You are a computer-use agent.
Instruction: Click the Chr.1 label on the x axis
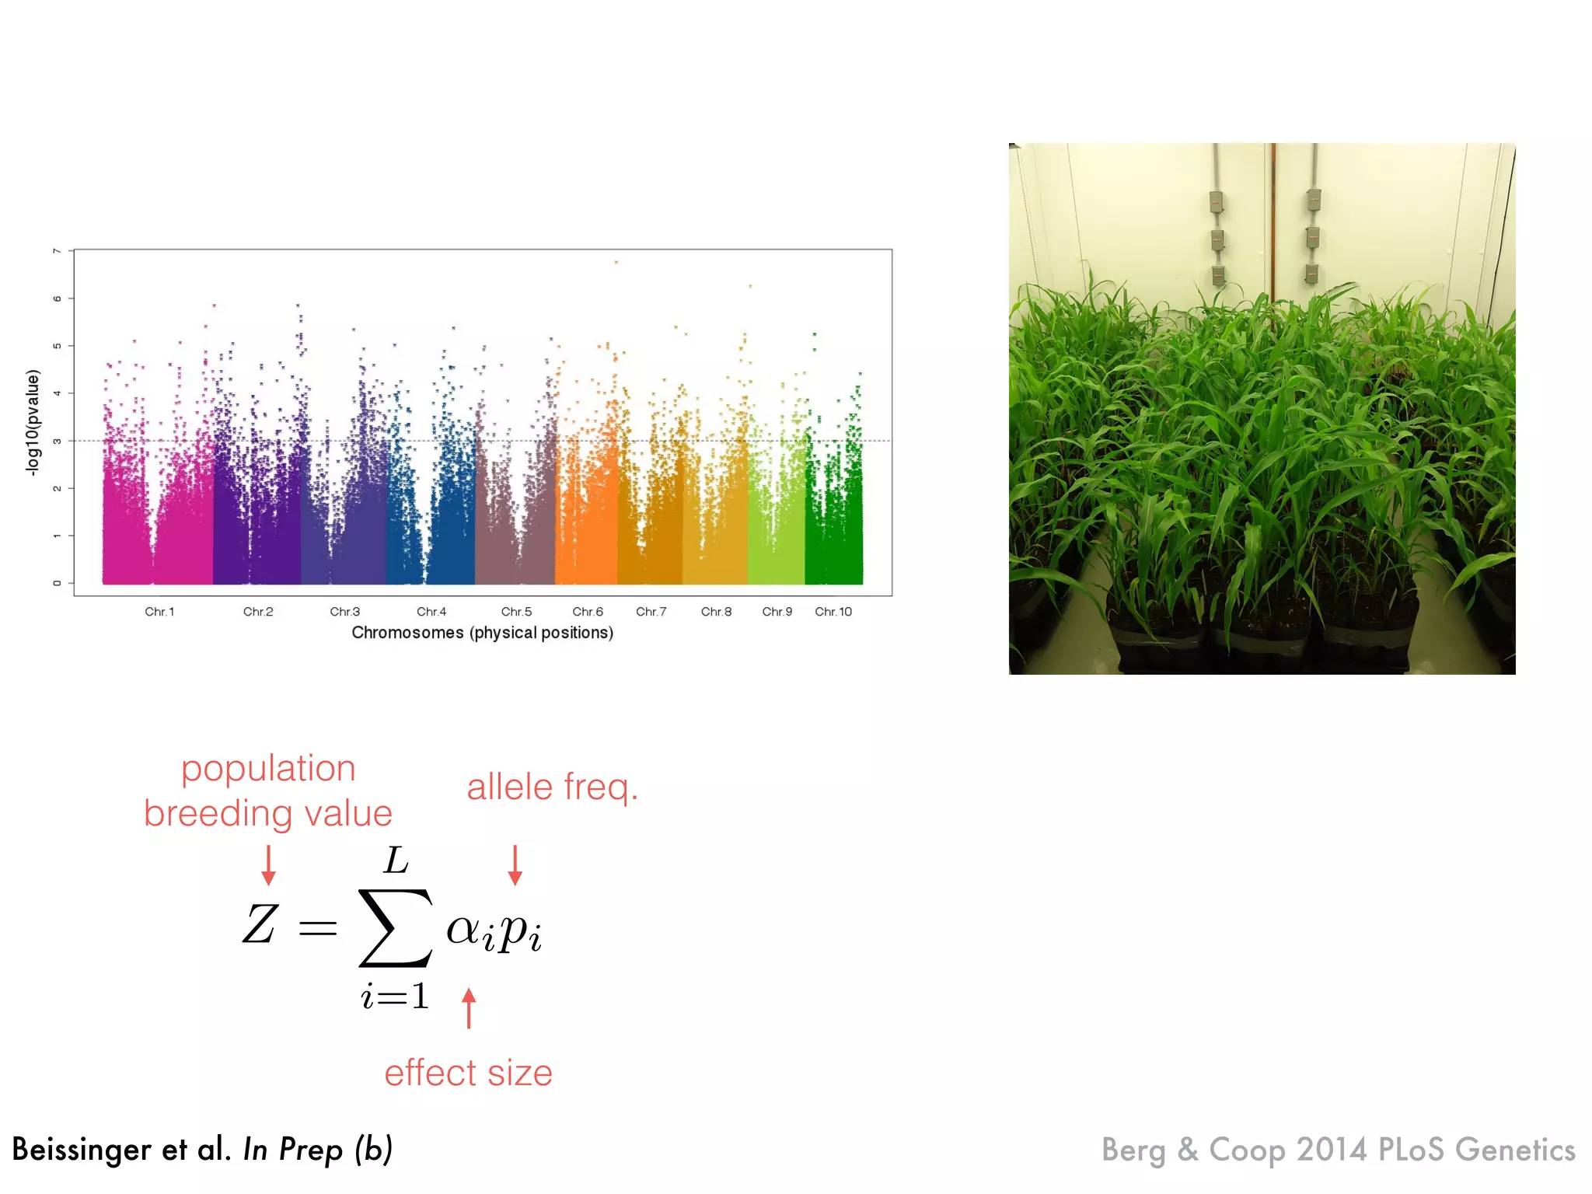(159, 612)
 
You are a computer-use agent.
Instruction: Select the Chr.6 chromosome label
(588, 612)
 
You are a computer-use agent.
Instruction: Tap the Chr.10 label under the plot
(833, 612)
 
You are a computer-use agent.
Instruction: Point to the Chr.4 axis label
(431, 612)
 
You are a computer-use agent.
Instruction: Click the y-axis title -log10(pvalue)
(32, 422)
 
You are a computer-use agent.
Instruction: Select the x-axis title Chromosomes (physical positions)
(482, 633)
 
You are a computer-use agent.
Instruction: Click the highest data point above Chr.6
(616, 263)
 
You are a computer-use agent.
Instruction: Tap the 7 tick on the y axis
(57, 251)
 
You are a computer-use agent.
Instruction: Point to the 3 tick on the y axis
(57, 441)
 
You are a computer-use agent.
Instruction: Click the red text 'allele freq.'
(552, 787)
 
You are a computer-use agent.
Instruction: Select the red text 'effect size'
(468, 1073)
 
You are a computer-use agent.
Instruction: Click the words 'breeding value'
(268, 814)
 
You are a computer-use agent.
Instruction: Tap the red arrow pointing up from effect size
(469, 1008)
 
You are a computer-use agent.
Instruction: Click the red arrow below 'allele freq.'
(515, 865)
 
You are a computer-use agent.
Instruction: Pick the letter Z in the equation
(260, 924)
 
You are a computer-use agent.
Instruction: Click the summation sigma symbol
(395, 928)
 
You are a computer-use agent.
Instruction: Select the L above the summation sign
(396, 861)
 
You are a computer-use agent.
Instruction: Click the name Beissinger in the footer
(81, 1150)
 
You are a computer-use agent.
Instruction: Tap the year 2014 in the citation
(1332, 1150)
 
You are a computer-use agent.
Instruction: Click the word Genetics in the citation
(1515, 1150)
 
